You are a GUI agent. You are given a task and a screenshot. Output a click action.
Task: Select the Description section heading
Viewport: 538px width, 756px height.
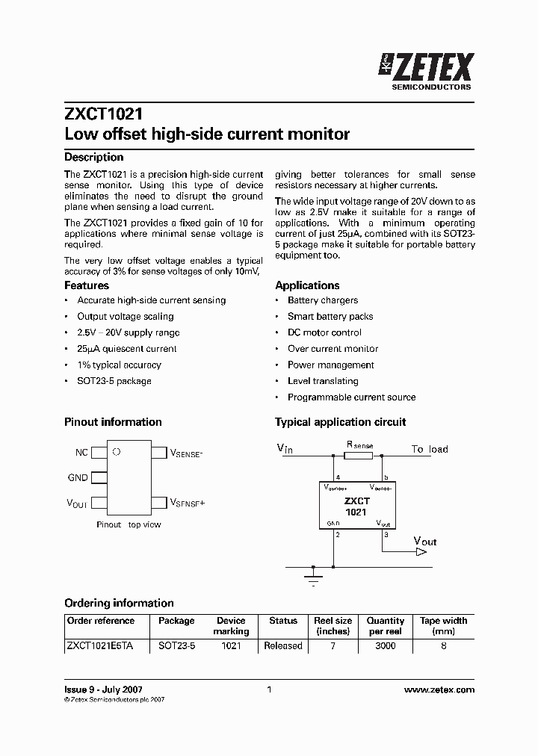[x=94, y=157]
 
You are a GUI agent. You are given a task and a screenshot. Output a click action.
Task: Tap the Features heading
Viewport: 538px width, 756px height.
[x=87, y=285]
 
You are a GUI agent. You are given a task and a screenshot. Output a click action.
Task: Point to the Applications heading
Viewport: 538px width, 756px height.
[x=307, y=285]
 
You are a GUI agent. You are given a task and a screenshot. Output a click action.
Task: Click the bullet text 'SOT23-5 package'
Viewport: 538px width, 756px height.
[x=114, y=381]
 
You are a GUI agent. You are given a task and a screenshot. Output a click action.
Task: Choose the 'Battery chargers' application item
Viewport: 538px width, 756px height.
[x=323, y=300]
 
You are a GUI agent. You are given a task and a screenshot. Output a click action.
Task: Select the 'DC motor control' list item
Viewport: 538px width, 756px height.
[x=324, y=332]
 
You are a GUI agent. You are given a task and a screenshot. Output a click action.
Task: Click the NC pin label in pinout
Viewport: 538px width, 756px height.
[x=81, y=453]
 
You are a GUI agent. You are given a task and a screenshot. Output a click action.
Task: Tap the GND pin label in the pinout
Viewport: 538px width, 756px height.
[x=78, y=477]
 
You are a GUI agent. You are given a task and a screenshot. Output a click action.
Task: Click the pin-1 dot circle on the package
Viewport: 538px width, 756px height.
[x=116, y=452]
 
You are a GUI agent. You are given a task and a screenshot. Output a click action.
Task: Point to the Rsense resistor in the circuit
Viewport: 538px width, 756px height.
[x=359, y=455]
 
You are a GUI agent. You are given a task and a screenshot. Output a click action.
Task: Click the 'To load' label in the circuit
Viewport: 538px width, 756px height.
[x=430, y=449]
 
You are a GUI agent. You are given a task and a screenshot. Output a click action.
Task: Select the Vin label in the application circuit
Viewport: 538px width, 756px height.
[x=285, y=448]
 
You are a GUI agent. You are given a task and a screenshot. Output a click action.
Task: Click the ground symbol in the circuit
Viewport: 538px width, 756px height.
[x=314, y=576]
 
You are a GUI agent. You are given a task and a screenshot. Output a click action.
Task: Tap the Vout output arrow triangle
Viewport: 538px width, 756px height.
[x=421, y=552]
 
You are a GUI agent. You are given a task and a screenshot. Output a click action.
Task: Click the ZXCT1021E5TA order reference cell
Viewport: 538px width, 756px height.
[x=99, y=645]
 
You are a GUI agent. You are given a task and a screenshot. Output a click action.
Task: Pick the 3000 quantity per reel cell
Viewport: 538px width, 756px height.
[x=385, y=645]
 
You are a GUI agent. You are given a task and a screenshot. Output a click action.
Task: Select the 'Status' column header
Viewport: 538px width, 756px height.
[x=283, y=621]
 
